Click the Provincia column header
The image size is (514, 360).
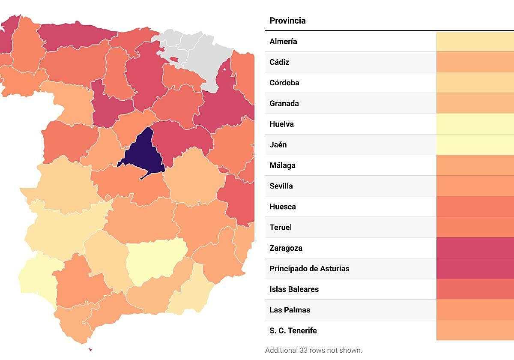[x=287, y=21]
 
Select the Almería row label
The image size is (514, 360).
[x=283, y=42]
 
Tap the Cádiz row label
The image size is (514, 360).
[x=279, y=62]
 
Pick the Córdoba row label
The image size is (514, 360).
[x=284, y=83]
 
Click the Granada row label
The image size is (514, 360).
[x=284, y=103]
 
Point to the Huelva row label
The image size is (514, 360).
[x=281, y=124]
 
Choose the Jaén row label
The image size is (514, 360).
[x=278, y=145]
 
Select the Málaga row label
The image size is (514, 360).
[x=282, y=165]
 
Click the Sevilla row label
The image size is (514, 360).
[x=281, y=186]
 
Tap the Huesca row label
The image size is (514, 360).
[x=283, y=207]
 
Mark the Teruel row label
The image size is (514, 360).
[x=281, y=227]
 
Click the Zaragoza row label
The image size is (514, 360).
[x=286, y=248]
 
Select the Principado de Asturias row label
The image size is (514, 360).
[x=309, y=269]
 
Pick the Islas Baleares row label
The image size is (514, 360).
[x=294, y=289]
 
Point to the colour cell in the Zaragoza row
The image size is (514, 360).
[x=475, y=248]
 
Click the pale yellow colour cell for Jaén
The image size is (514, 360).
[x=475, y=145]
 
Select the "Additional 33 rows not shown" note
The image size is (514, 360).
[x=314, y=350]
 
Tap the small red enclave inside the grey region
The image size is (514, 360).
[x=174, y=59]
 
